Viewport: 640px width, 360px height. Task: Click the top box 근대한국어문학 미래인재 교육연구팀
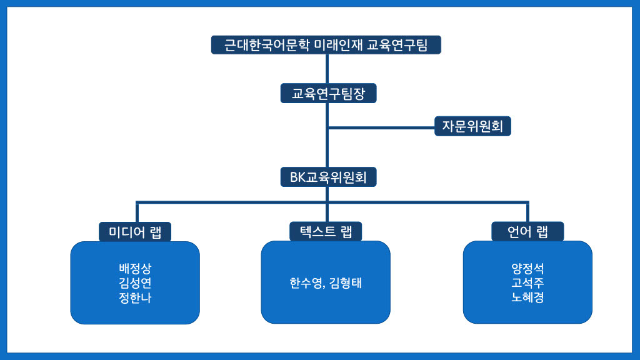tap(326, 44)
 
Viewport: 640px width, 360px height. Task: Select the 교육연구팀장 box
tap(328, 94)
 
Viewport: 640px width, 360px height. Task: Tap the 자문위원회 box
tap(472, 126)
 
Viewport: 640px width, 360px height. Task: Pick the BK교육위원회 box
tap(328, 177)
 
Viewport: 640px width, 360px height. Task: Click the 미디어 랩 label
tap(135, 232)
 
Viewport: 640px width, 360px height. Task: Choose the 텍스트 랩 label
tap(326, 231)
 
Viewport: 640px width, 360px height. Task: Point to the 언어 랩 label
tap(527, 231)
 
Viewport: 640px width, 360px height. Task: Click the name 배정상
tap(135, 269)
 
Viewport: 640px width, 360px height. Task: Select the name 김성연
tap(135, 283)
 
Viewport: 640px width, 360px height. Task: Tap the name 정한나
tap(135, 297)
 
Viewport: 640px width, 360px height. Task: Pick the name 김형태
tap(345, 283)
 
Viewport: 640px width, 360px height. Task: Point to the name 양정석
tap(527, 269)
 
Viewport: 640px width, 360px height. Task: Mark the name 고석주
tap(527, 283)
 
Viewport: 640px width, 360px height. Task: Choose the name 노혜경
tap(527, 297)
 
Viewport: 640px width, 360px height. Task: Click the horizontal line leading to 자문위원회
tap(381, 127)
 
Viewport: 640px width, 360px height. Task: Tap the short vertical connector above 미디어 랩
tap(137, 212)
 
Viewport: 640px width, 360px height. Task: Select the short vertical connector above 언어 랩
tap(527, 212)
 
